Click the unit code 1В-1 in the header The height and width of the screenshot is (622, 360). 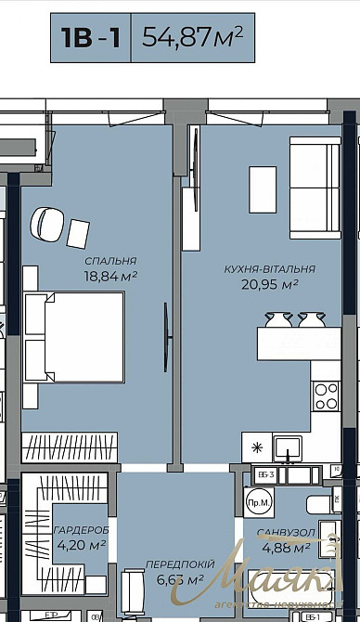91,38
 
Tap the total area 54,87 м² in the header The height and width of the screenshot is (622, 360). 192,37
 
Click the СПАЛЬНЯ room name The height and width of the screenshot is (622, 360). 109,261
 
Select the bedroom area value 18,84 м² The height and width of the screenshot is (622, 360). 110,276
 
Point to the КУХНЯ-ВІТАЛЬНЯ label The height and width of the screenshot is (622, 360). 269,269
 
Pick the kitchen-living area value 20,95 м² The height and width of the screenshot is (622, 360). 269,285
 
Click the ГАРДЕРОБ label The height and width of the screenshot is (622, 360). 82,529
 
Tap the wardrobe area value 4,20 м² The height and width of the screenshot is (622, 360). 81,545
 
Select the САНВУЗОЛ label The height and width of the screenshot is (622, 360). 283,535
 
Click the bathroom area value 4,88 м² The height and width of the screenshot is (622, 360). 283,550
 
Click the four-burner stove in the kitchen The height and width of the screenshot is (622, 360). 326,396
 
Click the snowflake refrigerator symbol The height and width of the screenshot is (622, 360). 258,447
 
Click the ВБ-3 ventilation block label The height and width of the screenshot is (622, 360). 264,475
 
